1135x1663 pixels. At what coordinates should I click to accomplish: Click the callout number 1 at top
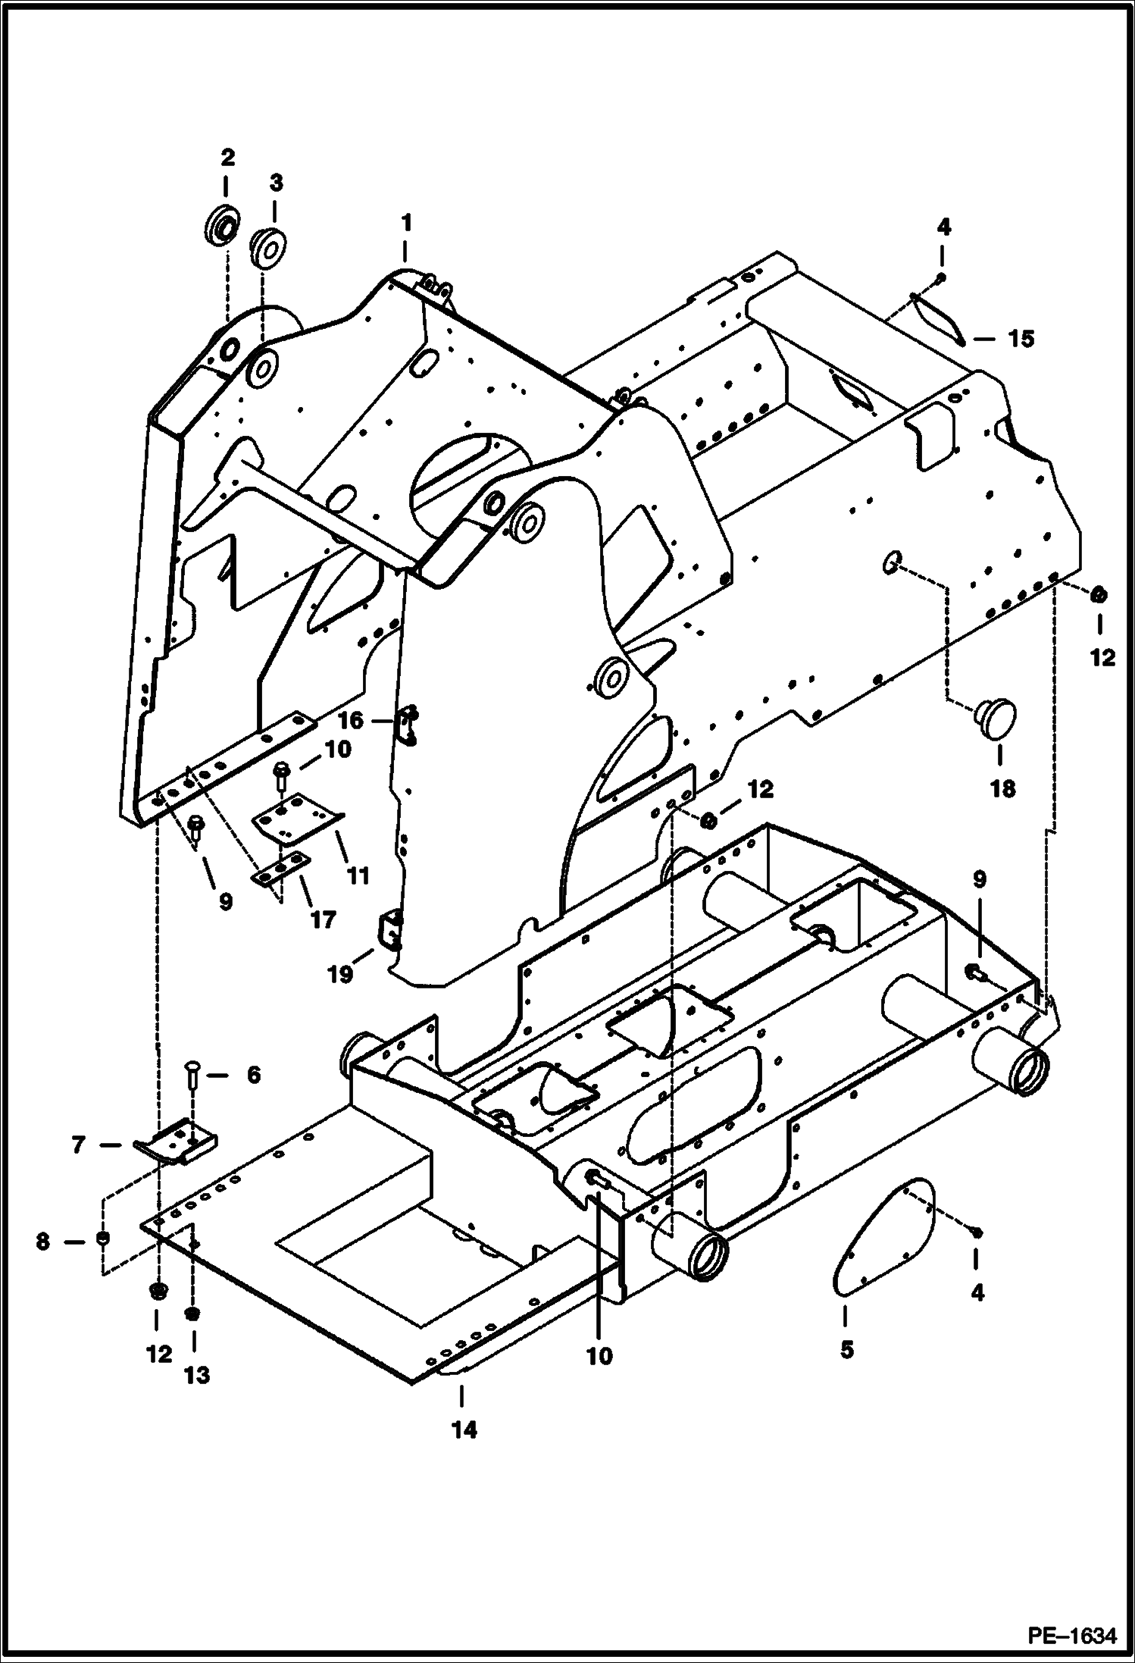406,223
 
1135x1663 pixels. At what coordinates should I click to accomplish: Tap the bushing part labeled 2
222,224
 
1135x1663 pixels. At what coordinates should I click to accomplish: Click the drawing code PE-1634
1071,1637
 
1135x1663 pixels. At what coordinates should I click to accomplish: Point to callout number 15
1021,339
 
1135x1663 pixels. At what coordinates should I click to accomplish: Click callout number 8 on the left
43,1242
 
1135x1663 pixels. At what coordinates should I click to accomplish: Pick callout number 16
351,719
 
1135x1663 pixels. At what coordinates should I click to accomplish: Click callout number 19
340,975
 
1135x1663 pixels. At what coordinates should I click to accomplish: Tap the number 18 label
1002,789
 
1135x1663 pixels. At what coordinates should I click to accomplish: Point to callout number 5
846,1349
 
